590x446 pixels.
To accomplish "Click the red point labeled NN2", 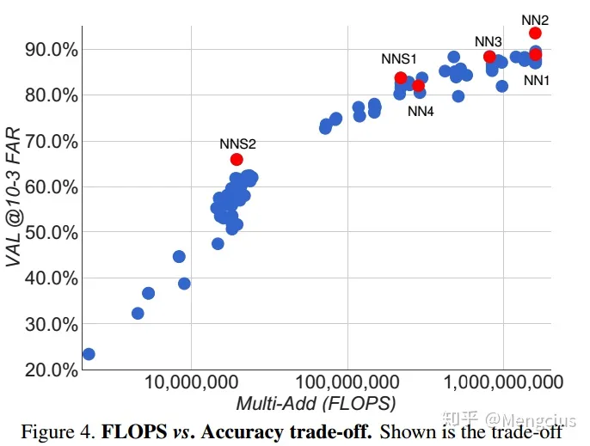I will (x=535, y=34).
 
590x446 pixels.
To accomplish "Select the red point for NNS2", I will (x=237, y=159).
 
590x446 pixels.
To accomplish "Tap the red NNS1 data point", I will (x=401, y=78).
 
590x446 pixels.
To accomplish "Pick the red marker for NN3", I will (x=489, y=58).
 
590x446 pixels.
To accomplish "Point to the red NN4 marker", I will (x=419, y=85).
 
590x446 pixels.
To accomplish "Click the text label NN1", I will (x=536, y=80).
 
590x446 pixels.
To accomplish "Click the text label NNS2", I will (x=237, y=143).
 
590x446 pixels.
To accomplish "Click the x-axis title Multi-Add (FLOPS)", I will (x=316, y=403).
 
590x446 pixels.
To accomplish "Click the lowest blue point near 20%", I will (x=88, y=354).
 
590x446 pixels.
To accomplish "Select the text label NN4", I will (x=421, y=110).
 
